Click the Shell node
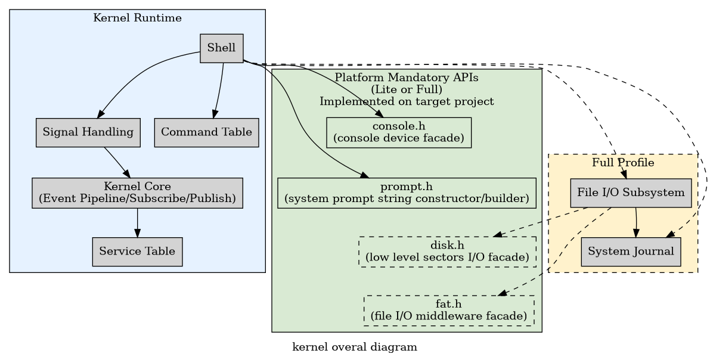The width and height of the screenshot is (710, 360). [x=221, y=48]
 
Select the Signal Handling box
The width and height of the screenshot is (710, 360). [x=88, y=132]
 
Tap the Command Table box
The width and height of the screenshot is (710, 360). [x=206, y=132]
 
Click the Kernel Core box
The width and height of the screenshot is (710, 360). [x=137, y=193]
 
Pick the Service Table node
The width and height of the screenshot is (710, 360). [x=137, y=252]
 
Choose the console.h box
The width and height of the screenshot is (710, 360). [x=399, y=132]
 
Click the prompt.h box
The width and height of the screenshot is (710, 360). [x=407, y=193]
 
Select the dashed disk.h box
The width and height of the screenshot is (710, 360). [x=447, y=252]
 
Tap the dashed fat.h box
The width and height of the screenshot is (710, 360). [x=448, y=311]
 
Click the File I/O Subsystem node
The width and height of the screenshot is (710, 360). [x=631, y=193]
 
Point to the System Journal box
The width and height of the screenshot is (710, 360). [x=631, y=252]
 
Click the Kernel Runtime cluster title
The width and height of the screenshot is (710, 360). [x=137, y=18]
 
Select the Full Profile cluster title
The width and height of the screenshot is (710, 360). [x=623, y=163]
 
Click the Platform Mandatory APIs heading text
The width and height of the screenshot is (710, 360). [x=407, y=77]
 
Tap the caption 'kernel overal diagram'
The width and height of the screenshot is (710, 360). [x=355, y=347]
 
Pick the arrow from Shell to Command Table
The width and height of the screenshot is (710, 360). [x=219, y=89]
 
